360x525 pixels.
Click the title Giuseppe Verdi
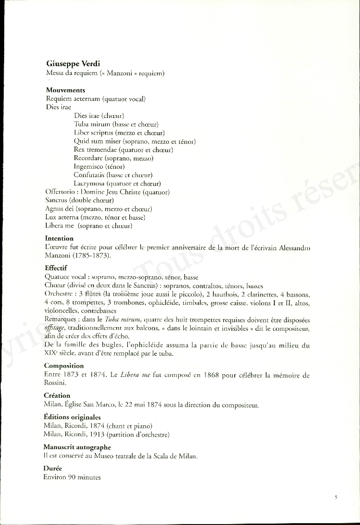point(73,64)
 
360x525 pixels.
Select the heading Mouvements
point(65,90)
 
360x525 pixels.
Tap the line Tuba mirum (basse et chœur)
point(116,124)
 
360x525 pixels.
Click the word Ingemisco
point(89,167)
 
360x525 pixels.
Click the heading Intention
point(59,238)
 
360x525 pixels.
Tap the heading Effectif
point(56,268)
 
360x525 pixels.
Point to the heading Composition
point(64,366)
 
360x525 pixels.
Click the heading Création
point(57,395)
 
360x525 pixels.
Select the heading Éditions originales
point(72,417)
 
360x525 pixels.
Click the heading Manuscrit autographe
point(77,447)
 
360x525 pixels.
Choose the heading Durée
point(52,469)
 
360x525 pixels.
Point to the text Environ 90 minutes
point(72,477)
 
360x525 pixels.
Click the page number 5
point(336,498)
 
